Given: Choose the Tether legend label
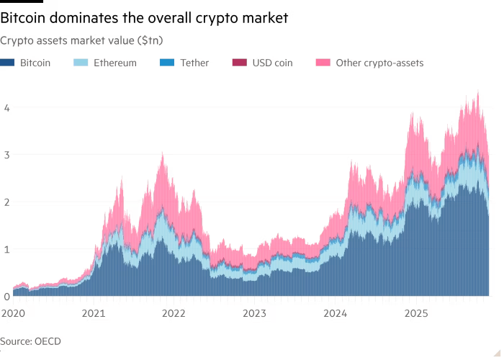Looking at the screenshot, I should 194,63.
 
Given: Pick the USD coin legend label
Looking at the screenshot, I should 271,63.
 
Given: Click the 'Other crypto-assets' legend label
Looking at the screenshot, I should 379,63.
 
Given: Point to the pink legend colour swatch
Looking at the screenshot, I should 323,63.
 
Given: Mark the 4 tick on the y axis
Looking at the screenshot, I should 6,107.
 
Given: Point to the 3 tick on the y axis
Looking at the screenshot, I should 6,155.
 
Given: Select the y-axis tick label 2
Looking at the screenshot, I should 6,202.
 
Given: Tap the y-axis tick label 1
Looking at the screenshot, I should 6,249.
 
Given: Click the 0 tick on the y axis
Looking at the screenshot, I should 6,296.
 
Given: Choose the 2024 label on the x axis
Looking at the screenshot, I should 336,313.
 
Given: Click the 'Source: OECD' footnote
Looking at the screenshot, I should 31,341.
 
